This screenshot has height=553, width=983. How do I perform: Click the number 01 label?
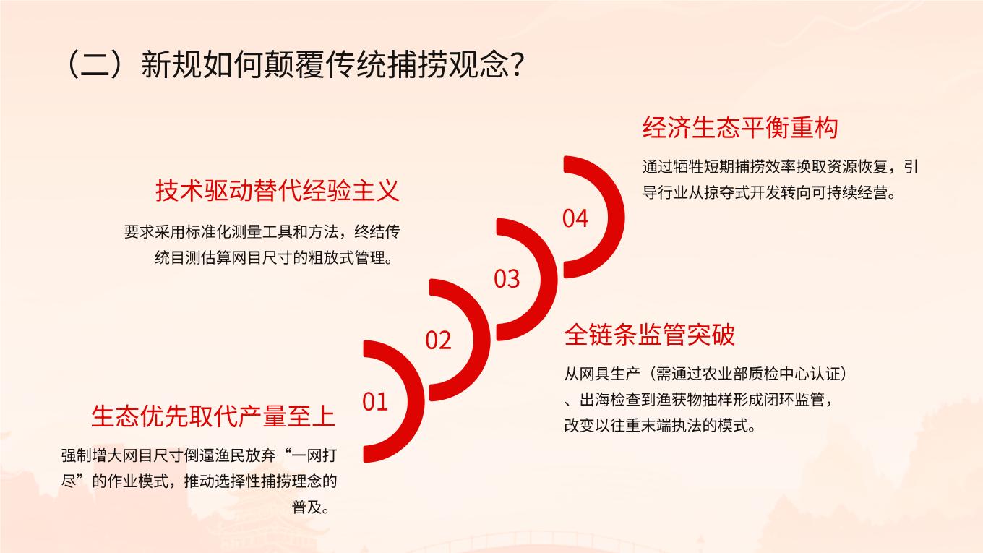coord(374,401)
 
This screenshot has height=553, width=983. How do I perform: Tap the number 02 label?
coord(438,340)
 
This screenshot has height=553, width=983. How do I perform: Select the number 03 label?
coord(507,279)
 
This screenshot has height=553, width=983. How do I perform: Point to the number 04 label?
coord(575,218)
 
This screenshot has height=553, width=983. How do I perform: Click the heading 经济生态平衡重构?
coord(740,128)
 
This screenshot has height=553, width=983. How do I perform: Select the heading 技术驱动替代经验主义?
coord(278,191)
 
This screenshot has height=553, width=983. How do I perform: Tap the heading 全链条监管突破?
coord(650,335)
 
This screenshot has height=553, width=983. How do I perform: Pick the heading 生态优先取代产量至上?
coord(213,416)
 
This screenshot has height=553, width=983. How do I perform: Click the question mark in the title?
coord(516,64)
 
